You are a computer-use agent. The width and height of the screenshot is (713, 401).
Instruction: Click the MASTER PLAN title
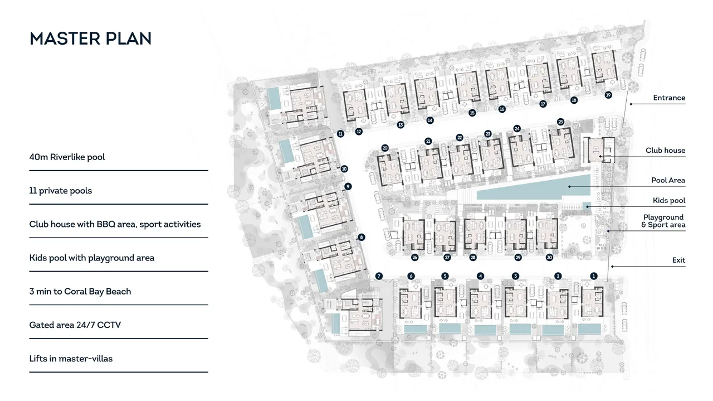(x=90, y=38)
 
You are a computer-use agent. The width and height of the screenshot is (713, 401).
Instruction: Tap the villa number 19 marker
(x=608, y=95)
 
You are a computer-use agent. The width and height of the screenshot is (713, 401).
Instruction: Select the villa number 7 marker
(x=378, y=276)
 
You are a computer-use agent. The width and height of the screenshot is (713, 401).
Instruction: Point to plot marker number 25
(x=560, y=122)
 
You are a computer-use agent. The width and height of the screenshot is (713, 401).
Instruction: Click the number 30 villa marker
(x=549, y=258)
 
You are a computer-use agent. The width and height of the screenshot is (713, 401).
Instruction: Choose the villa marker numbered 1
(x=593, y=276)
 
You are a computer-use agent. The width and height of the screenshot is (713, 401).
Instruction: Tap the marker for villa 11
(x=340, y=134)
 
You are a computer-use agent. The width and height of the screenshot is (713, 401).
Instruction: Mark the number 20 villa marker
(x=385, y=148)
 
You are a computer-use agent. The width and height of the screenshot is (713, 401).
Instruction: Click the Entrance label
(x=669, y=98)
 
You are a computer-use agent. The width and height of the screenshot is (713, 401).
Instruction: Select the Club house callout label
(x=665, y=151)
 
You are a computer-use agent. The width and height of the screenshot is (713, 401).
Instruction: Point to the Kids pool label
(x=669, y=201)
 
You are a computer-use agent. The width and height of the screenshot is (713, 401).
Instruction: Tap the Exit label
(x=678, y=260)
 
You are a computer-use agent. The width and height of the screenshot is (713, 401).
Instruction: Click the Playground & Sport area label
(x=663, y=221)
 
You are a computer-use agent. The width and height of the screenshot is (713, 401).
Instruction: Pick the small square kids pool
(x=587, y=206)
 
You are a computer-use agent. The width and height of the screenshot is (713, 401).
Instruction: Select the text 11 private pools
(x=61, y=191)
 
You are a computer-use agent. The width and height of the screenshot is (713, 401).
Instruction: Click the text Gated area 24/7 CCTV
(x=75, y=325)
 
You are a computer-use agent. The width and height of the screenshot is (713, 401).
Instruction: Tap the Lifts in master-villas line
(x=71, y=359)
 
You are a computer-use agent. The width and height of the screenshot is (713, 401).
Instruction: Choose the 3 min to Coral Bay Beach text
(x=80, y=292)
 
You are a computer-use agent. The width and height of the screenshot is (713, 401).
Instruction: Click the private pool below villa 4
(x=485, y=330)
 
